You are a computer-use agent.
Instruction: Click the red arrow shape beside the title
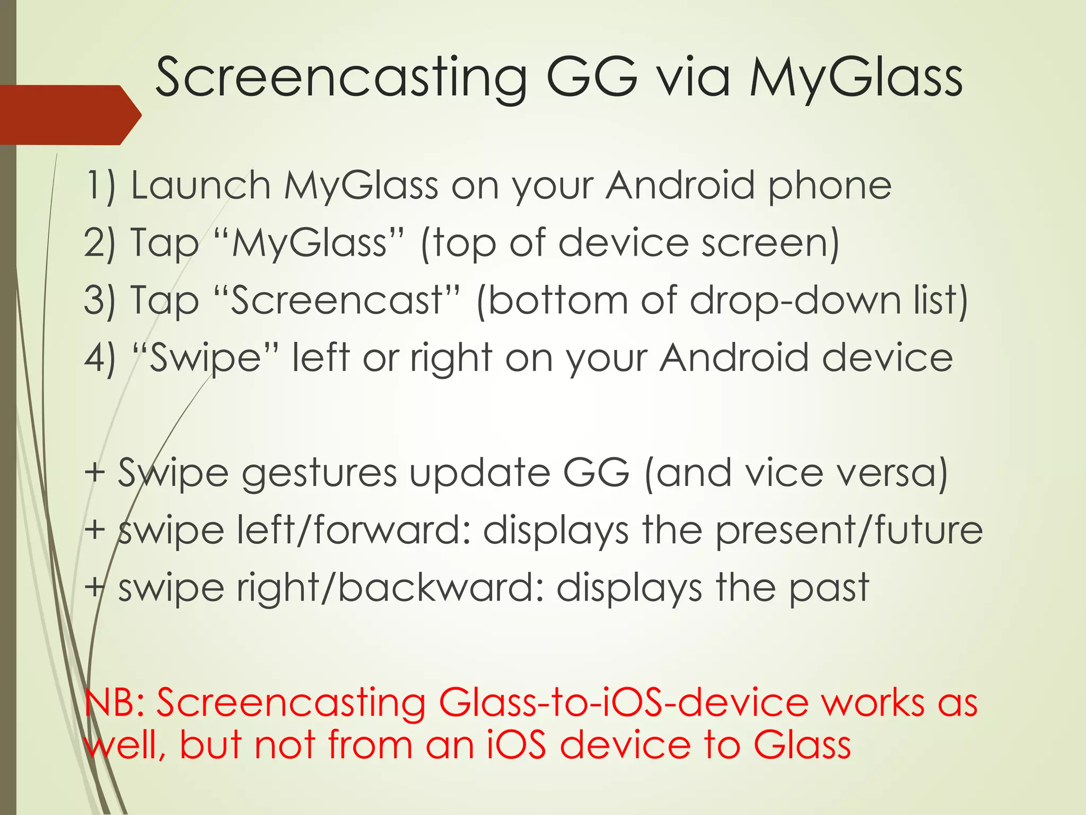click(x=69, y=115)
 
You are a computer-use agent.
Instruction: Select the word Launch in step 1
click(x=201, y=186)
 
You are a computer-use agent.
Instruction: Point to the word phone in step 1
click(x=830, y=186)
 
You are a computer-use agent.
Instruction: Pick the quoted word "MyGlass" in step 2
click(x=310, y=244)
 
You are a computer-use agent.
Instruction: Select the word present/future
click(x=849, y=530)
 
